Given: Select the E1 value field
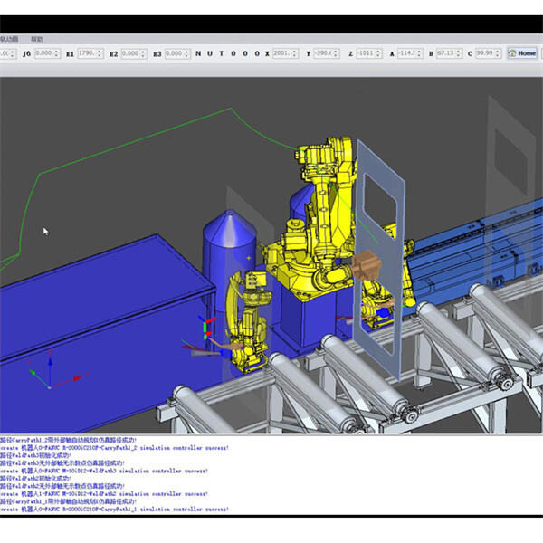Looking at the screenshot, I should pyautogui.click(x=90, y=53).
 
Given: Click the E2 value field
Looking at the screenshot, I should pyautogui.click(x=133, y=53).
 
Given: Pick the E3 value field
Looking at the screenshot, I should pyautogui.click(x=176, y=53).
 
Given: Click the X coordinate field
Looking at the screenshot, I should pyautogui.click(x=283, y=53).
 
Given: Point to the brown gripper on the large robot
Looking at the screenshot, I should pyautogui.click(x=367, y=265).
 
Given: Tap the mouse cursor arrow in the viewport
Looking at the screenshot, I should pyautogui.click(x=45, y=231).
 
